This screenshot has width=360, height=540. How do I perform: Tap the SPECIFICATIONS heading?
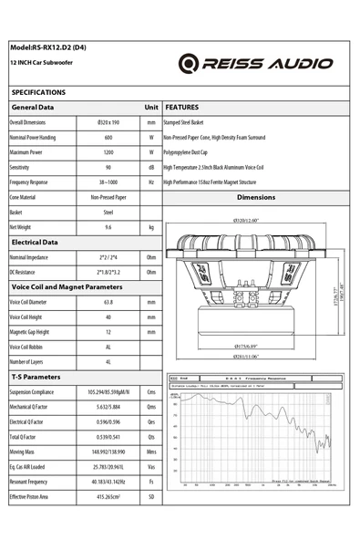[38, 92]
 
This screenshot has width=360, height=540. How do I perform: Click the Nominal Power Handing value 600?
[108, 137]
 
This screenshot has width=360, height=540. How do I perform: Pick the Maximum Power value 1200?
[108, 152]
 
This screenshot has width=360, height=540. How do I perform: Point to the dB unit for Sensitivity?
[151, 168]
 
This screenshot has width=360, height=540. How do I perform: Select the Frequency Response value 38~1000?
[108, 182]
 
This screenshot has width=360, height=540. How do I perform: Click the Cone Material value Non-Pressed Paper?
[108, 197]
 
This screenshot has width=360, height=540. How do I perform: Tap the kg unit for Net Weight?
[151, 227]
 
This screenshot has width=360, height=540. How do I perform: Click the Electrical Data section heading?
[35, 243]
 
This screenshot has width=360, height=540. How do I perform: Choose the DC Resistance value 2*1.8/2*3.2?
[108, 272]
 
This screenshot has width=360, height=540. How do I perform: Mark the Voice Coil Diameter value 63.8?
[108, 302]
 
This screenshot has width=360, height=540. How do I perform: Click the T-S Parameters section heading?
[36, 376]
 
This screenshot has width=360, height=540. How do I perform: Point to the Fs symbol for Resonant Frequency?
[151, 481]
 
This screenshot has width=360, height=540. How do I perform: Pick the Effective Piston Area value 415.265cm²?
[108, 496]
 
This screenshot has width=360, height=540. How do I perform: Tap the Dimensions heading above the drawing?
[255, 197]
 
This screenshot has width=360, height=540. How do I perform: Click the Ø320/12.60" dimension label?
[246, 220]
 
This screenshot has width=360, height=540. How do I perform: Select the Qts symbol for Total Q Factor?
[151, 436]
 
